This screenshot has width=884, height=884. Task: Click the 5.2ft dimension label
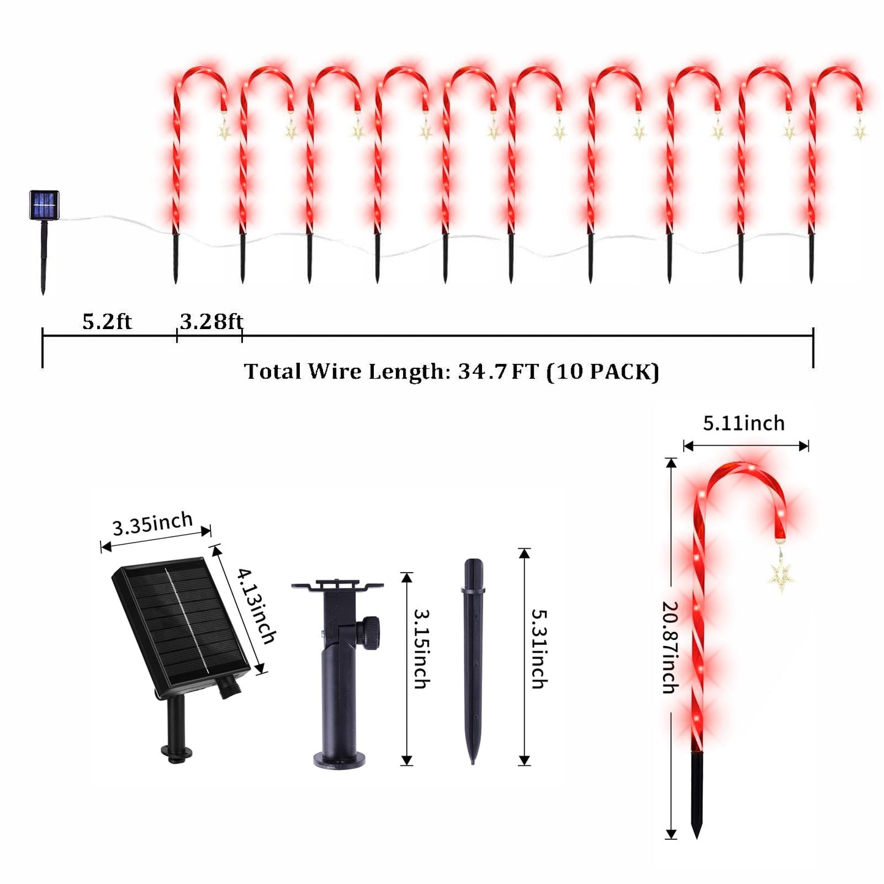[107, 321]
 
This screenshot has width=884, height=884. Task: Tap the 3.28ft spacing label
[211, 321]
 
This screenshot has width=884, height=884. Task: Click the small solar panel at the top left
[44, 205]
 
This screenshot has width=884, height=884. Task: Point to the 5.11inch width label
[743, 423]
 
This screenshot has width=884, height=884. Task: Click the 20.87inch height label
[671, 647]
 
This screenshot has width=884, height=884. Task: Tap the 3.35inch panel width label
[152, 524]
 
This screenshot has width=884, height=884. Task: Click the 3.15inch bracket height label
[422, 648]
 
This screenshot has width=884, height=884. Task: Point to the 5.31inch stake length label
[539, 648]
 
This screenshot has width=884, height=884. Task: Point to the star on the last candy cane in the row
[860, 130]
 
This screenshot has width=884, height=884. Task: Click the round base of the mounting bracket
[340, 759]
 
